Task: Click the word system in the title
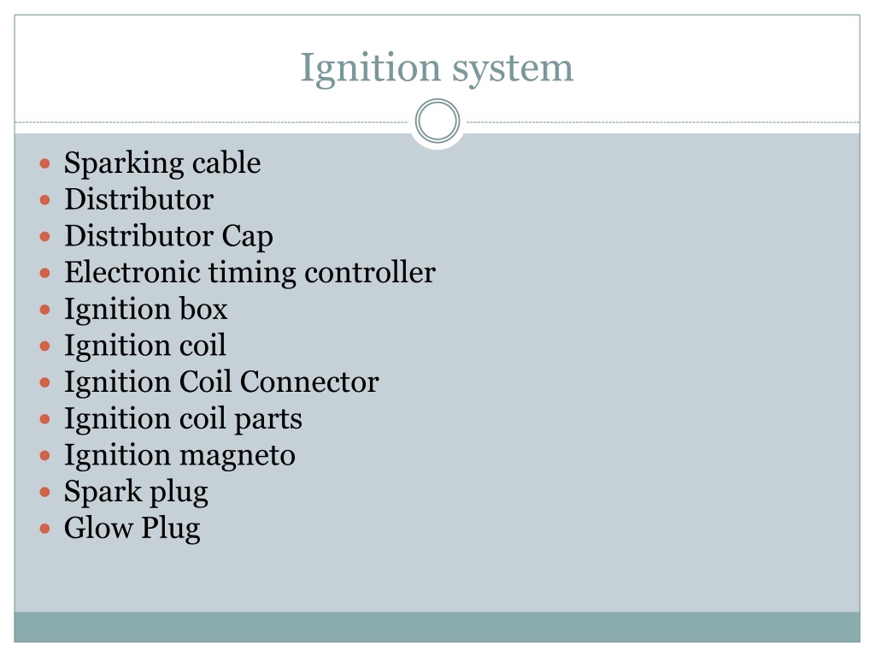[513, 69]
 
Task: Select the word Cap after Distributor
[247, 237]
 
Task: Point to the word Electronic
[132, 272]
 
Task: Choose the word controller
[370, 272]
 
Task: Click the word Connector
[309, 382]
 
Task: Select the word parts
[267, 419]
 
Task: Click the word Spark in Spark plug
[103, 491]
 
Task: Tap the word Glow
[99, 528]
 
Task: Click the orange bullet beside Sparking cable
[45, 163]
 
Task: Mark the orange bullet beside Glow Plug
[45, 529]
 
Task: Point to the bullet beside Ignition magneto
[45, 455]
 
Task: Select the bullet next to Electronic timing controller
[45, 273]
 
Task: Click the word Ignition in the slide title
[371, 69]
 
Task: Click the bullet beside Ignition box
[45, 310]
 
